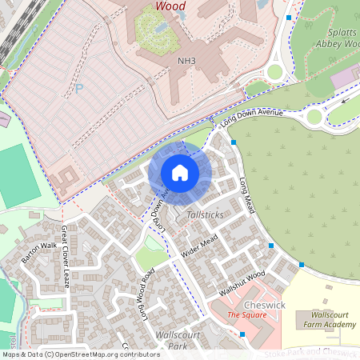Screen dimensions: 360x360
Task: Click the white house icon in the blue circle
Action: [x=180, y=173]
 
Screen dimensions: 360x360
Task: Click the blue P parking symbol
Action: [x=78, y=89]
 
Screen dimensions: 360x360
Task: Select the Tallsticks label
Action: [x=205, y=216]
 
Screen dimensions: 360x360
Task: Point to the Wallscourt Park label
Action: [x=178, y=341]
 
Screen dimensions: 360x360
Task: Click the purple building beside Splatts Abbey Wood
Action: [x=346, y=77]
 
